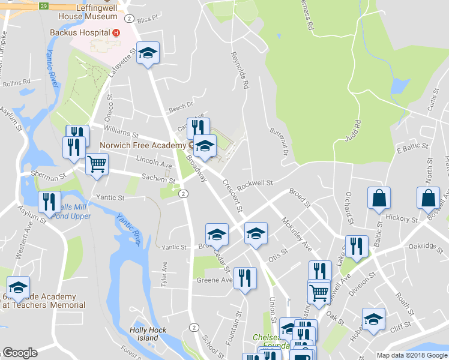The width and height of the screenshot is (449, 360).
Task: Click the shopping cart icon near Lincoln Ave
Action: coord(97,164)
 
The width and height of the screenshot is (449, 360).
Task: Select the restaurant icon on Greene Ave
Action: coord(244,278)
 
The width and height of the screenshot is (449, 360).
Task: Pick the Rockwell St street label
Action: coord(255,184)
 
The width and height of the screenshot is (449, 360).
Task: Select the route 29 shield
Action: coord(43,6)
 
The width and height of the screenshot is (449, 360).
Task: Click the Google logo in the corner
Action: coord(20,353)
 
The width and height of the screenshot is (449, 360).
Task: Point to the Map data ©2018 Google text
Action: coord(411,355)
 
